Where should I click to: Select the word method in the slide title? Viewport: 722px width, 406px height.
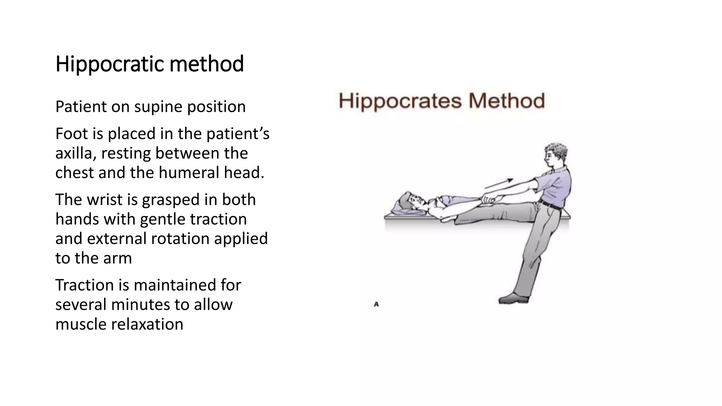(x=207, y=64)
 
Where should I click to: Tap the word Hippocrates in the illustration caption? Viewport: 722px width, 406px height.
(x=400, y=101)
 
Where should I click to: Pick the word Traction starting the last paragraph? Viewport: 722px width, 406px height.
(x=84, y=285)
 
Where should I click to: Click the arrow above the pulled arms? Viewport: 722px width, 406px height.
(x=498, y=184)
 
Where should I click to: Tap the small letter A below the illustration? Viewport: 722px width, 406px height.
(x=376, y=304)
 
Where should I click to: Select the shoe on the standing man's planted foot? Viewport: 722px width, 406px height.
(x=514, y=299)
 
